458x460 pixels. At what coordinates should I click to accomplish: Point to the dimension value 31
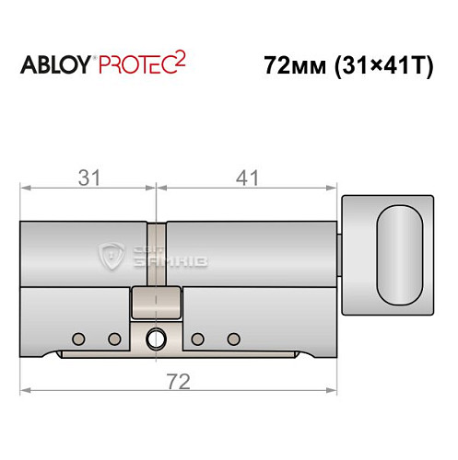88,176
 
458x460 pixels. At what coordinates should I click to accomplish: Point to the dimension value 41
248,176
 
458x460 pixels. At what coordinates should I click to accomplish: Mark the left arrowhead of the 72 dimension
25,392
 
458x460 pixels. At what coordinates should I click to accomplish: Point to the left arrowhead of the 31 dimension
25,189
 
